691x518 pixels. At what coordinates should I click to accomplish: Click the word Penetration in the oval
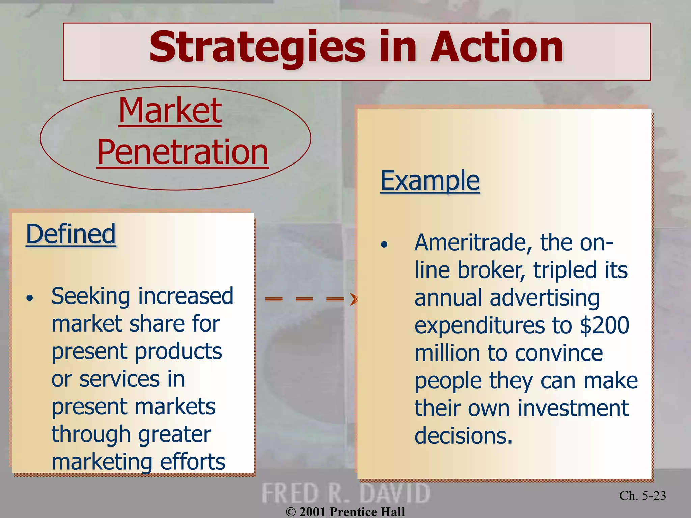click(x=183, y=152)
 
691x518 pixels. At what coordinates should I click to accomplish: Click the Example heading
click(x=430, y=181)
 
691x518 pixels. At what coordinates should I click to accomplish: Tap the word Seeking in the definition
click(x=90, y=296)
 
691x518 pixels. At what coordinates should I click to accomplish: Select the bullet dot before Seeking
click(x=30, y=298)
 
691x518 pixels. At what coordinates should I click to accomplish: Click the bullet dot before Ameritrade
click(x=384, y=244)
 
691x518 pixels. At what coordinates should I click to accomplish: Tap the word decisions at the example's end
click(x=463, y=436)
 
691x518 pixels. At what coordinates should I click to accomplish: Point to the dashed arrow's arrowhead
click(x=353, y=299)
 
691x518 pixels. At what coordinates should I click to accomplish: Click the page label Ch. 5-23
click(x=642, y=496)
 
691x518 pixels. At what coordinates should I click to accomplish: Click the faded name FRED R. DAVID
click(x=345, y=493)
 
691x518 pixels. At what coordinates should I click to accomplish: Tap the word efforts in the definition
click(x=192, y=462)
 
